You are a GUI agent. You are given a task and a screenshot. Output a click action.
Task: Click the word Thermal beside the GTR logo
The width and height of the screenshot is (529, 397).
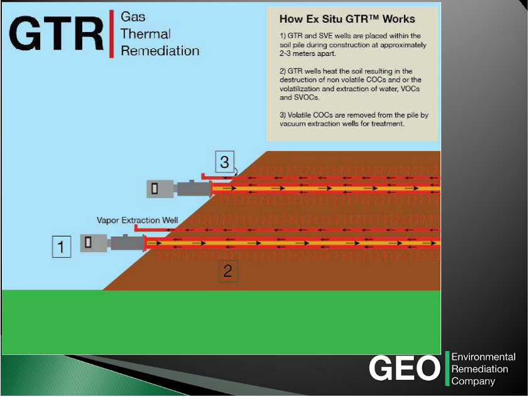coord(145,34)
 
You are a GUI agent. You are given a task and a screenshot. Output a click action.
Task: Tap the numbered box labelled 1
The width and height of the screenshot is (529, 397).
coord(61,247)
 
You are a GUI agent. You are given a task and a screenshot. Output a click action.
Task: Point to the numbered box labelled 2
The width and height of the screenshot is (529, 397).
coord(228,271)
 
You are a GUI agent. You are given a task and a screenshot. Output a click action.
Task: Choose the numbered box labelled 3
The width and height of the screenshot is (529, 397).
coord(224,162)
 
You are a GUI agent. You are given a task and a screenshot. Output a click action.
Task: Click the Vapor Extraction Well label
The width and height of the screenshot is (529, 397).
coord(138,220)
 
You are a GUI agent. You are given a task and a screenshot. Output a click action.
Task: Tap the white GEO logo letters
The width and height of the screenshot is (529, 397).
coord(405,369)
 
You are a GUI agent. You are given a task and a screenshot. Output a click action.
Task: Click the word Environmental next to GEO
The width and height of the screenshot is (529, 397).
coord(483,357)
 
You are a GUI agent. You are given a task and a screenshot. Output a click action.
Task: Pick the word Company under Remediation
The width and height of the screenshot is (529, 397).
coord(473,381)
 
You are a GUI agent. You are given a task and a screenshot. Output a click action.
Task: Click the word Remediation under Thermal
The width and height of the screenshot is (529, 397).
coord(160,51)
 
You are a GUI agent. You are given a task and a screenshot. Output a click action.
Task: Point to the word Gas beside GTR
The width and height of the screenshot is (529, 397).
coord(133,17)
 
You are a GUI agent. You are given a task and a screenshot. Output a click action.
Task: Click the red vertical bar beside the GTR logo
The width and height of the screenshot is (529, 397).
coord(112,34)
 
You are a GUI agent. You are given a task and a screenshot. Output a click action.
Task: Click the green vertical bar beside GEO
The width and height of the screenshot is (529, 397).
coord(447,369)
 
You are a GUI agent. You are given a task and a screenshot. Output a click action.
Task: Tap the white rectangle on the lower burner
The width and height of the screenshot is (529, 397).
coord(89,242)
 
